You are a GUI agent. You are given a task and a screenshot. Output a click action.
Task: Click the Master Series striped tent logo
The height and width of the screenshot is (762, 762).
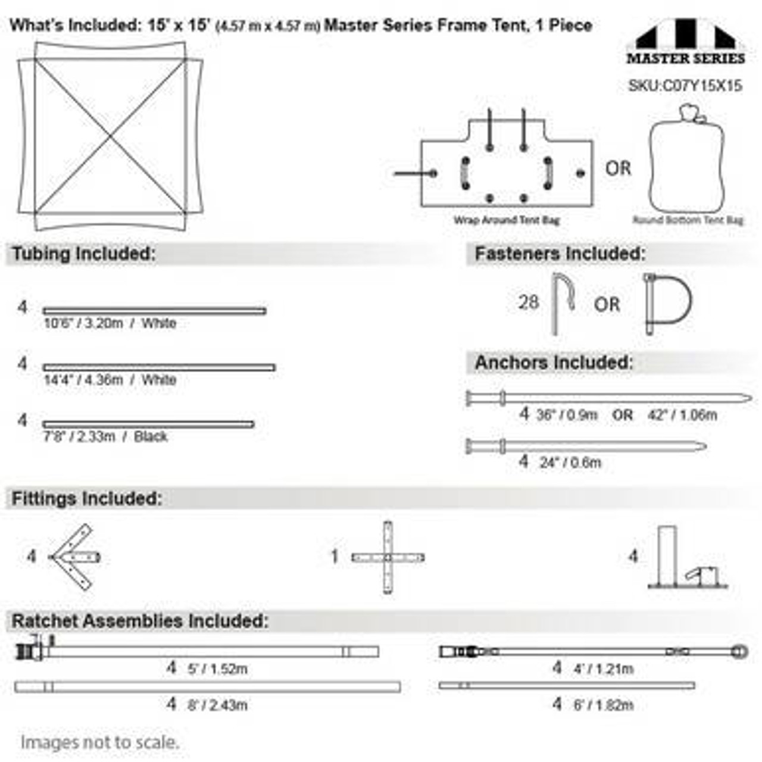click(x=685, y=42)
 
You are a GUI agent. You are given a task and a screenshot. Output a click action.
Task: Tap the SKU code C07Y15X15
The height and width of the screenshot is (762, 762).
click(x=685, y=86)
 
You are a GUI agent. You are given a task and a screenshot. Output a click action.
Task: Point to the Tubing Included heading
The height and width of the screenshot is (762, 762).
click(x=83, y=254)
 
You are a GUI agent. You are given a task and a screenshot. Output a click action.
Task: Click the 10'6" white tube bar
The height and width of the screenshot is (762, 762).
click(x=154, y=311)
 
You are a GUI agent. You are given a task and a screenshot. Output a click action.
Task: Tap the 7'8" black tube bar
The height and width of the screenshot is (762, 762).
click(x=148, y=424)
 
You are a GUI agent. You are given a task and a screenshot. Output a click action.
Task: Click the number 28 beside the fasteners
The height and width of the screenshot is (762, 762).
click(x=528, y=302)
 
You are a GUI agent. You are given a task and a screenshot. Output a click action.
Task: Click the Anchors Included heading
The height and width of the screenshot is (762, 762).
click(x=553, y=363)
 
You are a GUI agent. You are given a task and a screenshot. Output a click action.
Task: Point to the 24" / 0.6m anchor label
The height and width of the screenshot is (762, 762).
click(x=570, y=463)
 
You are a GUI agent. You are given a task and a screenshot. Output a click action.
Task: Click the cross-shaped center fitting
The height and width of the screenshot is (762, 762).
click(x=388, y=558)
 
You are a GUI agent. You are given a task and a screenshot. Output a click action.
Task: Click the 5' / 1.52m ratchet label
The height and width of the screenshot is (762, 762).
click(x=217, y=669)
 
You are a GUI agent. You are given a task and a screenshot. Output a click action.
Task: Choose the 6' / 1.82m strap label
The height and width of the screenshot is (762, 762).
click(x=603, y=705)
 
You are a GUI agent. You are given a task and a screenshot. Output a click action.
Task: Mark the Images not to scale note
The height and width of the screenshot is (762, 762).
click(x=99, y=742)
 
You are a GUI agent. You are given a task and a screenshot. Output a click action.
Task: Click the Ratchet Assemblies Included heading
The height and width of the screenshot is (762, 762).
click(x=140, y=621)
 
